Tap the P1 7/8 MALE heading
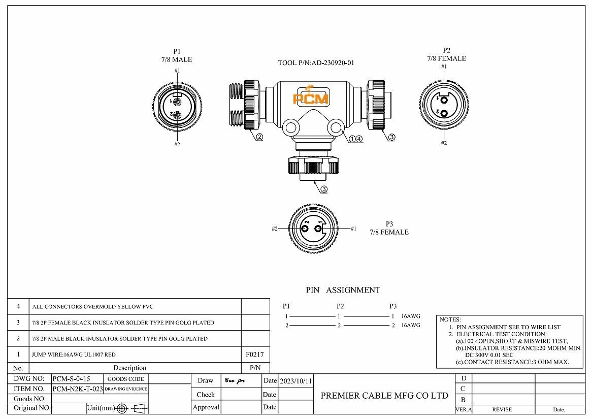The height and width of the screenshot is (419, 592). [177, 55]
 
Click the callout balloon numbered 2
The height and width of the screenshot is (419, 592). [259, 137]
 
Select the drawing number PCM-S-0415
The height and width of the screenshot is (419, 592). [72, 379]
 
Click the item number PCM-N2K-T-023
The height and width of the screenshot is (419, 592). [78, 389]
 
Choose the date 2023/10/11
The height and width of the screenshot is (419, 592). [297, 380]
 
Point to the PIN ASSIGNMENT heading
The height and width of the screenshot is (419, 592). [343, 290]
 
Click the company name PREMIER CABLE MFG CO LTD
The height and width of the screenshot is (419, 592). [384, 396]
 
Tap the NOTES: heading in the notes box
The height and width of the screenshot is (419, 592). [450, 320]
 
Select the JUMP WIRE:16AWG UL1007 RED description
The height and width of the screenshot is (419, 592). [74, 354]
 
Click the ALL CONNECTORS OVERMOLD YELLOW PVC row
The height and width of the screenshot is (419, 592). [92, 307]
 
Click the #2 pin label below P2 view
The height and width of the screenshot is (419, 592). [444, 143]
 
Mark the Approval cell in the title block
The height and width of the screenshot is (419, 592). [206, 407]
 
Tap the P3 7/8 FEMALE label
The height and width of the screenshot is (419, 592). [389, 228]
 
